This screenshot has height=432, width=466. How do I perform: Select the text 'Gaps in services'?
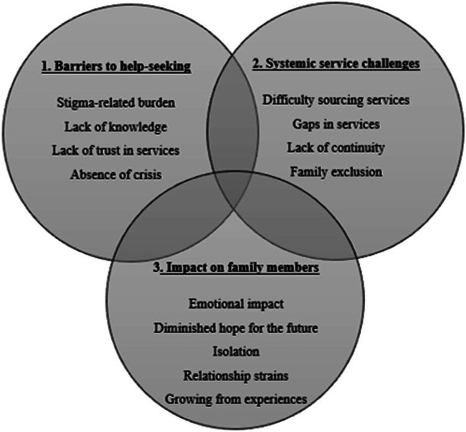pos(336,124)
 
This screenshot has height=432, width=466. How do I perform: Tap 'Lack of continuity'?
pos(336,148)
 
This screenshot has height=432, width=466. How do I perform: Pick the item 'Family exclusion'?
pos(336,171)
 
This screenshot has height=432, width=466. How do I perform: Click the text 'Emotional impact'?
pos(235,305)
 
